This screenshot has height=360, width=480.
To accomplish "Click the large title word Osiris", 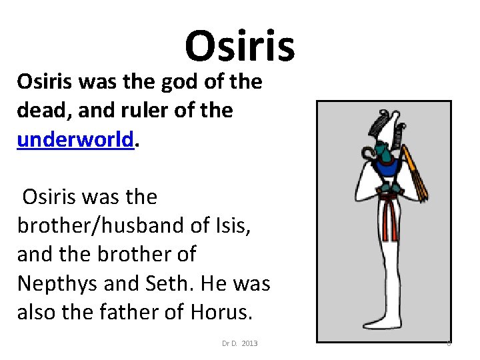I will coord(239,46).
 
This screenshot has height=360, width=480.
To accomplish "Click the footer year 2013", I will coord(249,343).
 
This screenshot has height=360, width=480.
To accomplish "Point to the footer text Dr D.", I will coord(230,343).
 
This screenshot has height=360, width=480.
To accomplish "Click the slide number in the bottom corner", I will coord(449,343).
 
